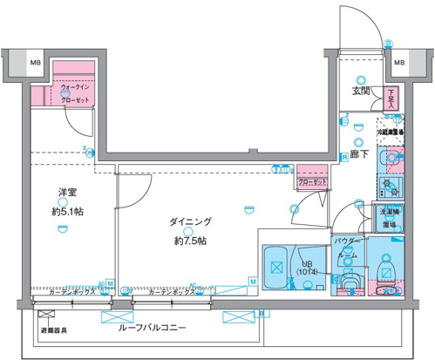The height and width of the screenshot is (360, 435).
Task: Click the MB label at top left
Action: coord(35,64)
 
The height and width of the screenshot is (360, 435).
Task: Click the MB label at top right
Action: coord(398,64)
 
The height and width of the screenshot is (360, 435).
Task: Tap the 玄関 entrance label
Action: coord(361,91)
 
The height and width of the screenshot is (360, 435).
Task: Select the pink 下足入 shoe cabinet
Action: coord(391,96)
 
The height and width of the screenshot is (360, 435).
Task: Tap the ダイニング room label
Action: coord(191,223)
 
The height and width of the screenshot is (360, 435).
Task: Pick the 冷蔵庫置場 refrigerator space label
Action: coord(390,131)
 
